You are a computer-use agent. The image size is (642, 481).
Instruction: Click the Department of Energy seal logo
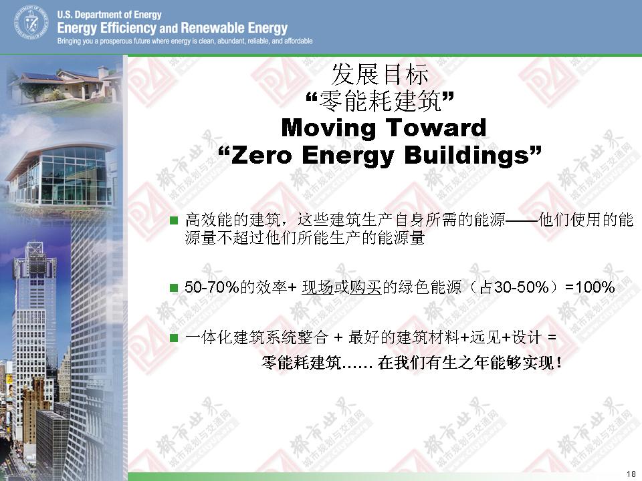pos(31,23)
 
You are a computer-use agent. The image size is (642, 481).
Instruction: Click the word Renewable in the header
pos(213,28)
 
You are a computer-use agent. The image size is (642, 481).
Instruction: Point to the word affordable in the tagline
pos(298,41)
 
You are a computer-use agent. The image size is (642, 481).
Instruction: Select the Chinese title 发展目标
pos(380,74)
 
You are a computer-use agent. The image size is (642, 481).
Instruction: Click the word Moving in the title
pos(328,128)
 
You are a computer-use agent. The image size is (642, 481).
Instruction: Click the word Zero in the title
pos(261,156)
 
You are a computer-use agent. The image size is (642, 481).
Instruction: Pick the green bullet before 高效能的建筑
pos(174,221)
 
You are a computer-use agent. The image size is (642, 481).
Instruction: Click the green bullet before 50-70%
pos(174,288)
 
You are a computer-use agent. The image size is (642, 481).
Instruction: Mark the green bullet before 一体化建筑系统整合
pos(174,338)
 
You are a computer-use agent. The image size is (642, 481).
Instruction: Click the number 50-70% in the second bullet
pos(212,287)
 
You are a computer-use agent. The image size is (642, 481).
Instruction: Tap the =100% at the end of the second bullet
pos(590,287)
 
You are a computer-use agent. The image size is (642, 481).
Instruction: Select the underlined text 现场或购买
pos(342,287)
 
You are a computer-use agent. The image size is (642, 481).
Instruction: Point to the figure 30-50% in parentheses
pos(522,287)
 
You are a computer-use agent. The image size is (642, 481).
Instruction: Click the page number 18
pos(631,474)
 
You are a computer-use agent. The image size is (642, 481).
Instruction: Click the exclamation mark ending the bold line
pos(559,363)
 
